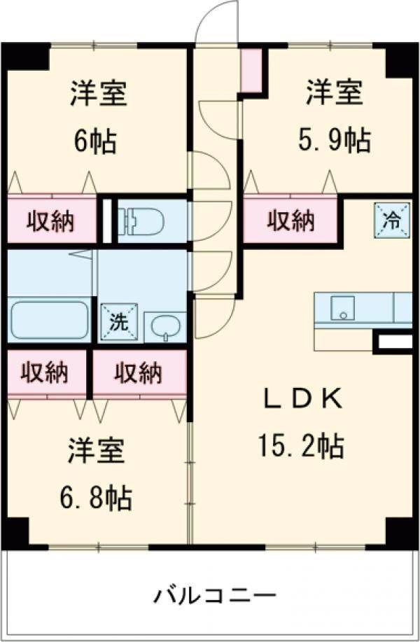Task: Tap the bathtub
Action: coord(49,321)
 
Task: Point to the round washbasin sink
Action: coord(165,327)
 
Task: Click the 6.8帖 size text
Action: coord(96,498)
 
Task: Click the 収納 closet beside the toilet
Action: coord(51,222)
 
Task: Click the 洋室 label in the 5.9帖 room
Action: coord(333,94)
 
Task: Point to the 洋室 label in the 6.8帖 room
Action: coord(97,452)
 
